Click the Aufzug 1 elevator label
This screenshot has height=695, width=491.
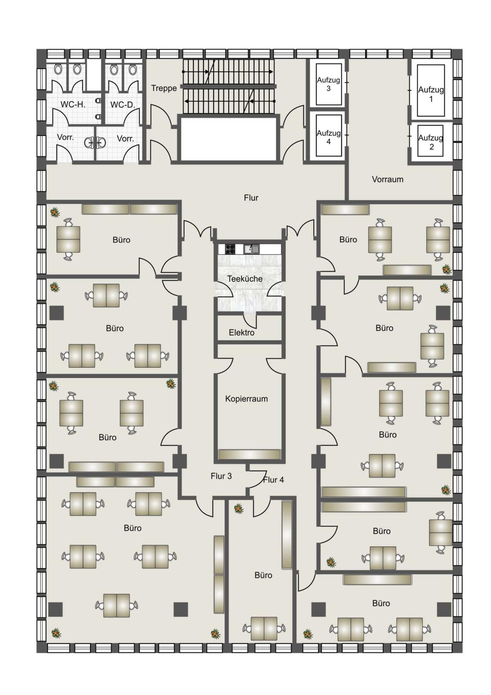pyautogui.click(x=430, y=94)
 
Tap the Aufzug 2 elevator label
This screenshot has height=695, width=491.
pyautogui.click(x=430, y=142)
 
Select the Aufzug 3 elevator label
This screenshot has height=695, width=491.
pyautogui.click(x=328, y=84)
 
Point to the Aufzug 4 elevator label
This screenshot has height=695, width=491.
pyautogui.click(x=328, y=137)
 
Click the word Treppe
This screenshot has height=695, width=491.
pyautogui.click(x=164, y=88)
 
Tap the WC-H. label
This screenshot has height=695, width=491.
pyautogui.click(x=72, y=104)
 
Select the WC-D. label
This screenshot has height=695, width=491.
pyautogui.click(x=123, y=105)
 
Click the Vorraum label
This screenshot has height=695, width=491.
pyautogui.click(x=387, y=179)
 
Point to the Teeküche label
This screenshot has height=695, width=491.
pyautogui.click(x=245, y=278)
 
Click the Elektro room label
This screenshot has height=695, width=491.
pyautogui.click(x=241, y=333)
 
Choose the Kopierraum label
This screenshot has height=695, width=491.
pyautogui.click(x=246, y=399)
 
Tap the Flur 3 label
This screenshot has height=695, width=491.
pyautogui.click(x=221, y=476)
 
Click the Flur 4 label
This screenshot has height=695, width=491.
pyautogui.click(x=273, y=480)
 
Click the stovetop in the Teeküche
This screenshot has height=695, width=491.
pyautogui.click(x=230, y=249)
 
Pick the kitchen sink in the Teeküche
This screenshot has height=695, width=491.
pyautogui.click(x=251, y=249)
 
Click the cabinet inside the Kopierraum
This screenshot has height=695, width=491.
pyautogui.click(x=249, y=455)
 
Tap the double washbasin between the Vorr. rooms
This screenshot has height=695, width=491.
pyautogui.click(x=95, y=143)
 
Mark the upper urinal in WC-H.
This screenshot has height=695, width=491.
pyautogui.click(x=98, y=102)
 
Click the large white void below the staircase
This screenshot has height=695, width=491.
pyautogui.click(x=228, y=139)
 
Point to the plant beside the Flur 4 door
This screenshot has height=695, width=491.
pyautogui.click(x=239, y=509)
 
